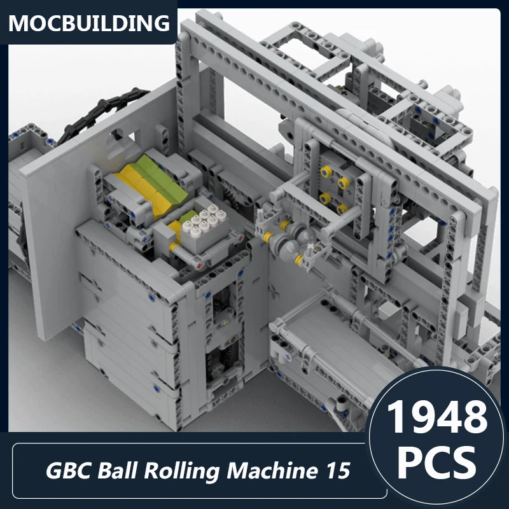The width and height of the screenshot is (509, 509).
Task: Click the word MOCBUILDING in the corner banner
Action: (x=90, y=23)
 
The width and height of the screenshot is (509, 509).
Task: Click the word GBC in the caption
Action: (x=66, y=471)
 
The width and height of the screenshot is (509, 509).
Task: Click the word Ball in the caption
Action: (x=122, y=471)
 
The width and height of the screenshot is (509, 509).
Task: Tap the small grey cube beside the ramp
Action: (x=389, y=311)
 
